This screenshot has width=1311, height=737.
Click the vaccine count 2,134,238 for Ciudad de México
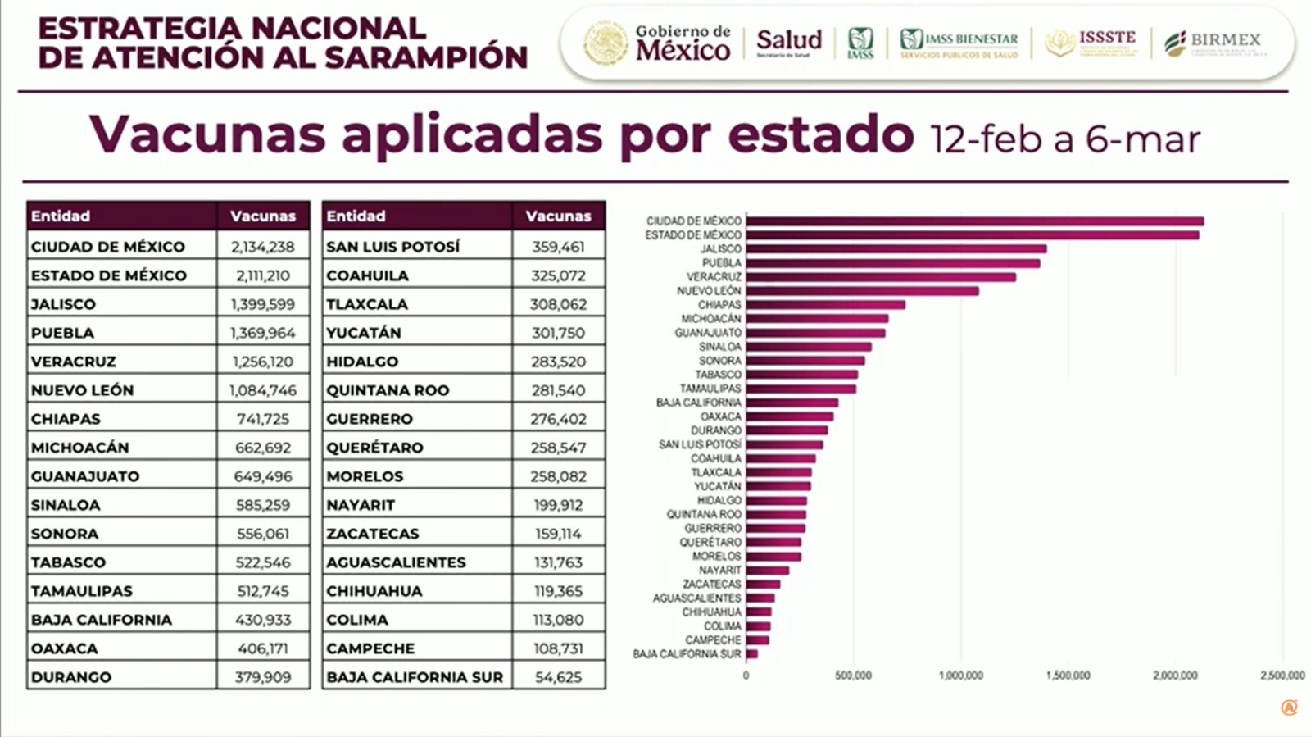click(262, 247)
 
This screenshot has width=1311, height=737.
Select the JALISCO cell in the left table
click(63, 304)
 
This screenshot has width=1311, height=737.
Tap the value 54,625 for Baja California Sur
click(558, 677)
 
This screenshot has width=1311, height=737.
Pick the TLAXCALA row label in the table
click(366, 304)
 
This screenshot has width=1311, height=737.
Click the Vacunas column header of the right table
click(558, 216)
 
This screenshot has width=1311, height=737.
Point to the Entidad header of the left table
click(61, 216)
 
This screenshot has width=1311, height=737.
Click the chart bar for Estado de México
click(972, 235)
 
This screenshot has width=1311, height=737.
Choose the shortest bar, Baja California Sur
click(751, 654)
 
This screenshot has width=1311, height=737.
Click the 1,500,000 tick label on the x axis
click(1068, 676)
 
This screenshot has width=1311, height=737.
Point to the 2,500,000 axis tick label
click(1282, 676)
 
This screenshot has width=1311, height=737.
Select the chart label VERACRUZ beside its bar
click(714, 277)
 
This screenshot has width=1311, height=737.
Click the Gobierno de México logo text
click(682, 43)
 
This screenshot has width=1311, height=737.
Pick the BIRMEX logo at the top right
click(1213, 41)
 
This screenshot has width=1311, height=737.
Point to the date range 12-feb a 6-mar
click(1064, 139)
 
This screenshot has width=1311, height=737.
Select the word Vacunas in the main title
click(207, 134)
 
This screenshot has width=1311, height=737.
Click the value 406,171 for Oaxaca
click(262, 648)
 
